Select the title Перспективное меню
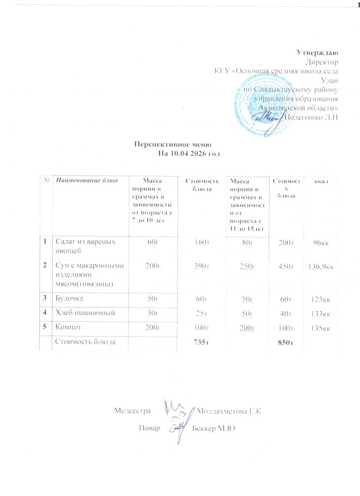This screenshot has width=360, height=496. (173, 145)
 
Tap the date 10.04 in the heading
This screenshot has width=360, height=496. (179, 154)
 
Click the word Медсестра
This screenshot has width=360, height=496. (130, 410)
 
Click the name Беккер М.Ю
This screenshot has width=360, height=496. (215, 429)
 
